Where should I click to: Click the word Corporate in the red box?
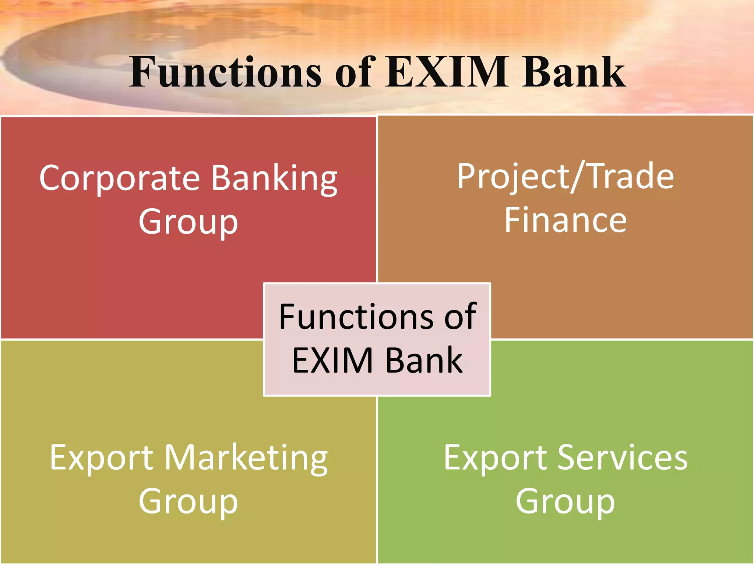120,178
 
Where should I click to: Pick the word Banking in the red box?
274,179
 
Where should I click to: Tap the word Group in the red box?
188,223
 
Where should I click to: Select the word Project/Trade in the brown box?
565,177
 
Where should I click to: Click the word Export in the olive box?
101,459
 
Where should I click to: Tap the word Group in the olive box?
188,502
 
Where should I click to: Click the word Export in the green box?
495,459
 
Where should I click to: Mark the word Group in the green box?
565,502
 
